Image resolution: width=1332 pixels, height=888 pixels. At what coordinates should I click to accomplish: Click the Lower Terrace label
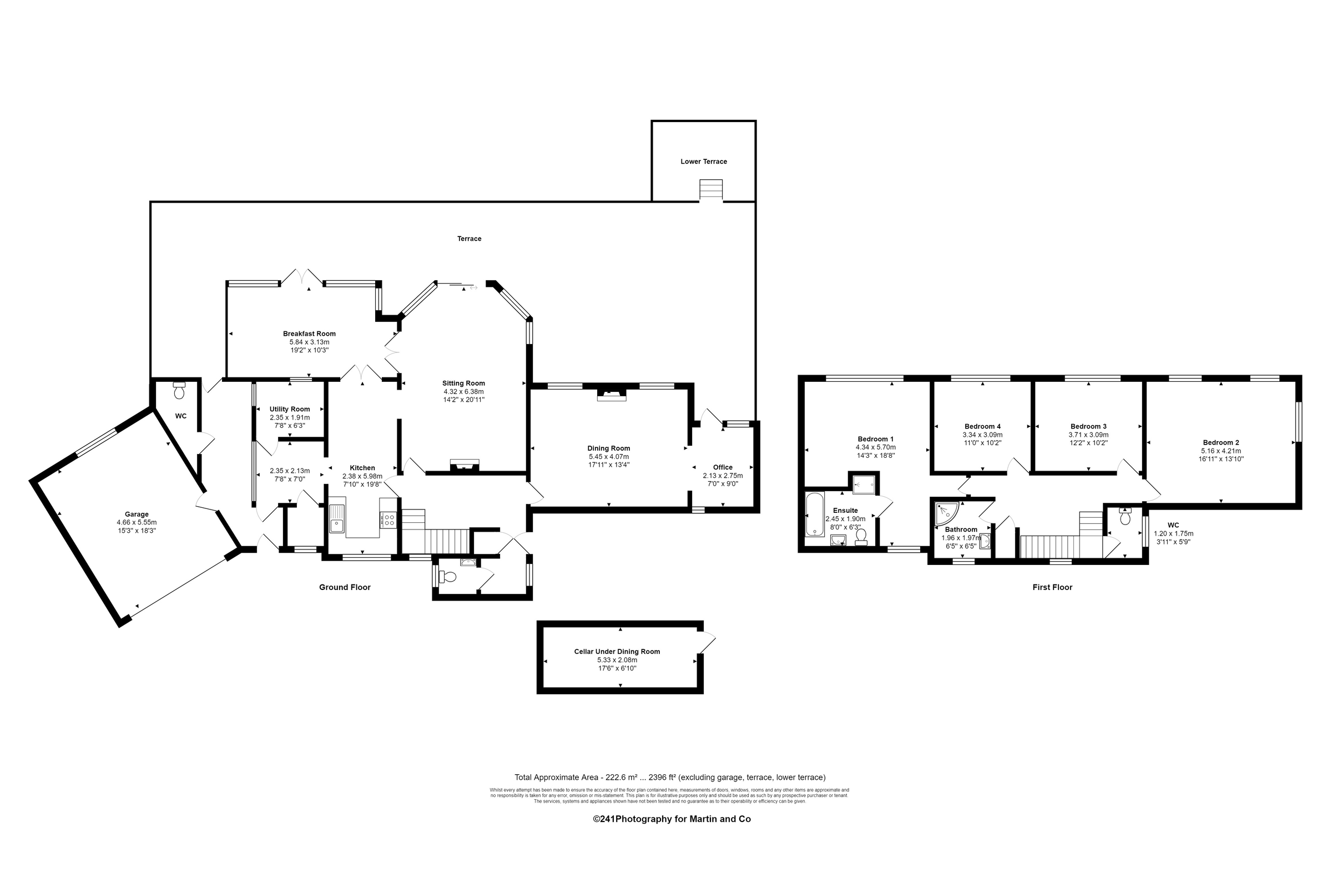click(703, 162)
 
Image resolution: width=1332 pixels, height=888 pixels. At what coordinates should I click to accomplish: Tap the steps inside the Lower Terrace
click(711, 190)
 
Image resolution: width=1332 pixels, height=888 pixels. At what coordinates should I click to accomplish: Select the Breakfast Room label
click(309, 334)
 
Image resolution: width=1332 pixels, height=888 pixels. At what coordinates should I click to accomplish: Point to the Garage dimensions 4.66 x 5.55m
click(137, 523)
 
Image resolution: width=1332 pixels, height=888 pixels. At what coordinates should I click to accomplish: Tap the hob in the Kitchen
click(389, 520)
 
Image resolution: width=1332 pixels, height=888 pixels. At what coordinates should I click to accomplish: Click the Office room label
click(723, 468)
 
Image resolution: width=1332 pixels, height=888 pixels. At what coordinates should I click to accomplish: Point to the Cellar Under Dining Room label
click(617, 652)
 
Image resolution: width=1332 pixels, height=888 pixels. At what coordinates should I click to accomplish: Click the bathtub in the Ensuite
click(814, 514)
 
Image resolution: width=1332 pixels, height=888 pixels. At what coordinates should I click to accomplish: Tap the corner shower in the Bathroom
click(946, 512)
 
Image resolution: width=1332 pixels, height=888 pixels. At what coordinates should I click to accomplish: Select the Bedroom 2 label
click(1221, 443)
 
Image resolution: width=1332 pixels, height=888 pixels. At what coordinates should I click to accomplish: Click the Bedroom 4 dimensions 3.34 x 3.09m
click(982, 435)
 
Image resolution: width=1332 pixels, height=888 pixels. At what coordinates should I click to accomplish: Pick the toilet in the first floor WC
click(1126, 518)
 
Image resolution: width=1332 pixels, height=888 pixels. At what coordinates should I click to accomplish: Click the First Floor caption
click(1052, 587)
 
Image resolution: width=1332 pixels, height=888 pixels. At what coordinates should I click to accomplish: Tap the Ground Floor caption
click(344, 587)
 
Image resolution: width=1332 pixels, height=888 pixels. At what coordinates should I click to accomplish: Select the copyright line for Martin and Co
click(672, 819)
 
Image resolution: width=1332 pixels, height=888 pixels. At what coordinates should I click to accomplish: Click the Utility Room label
click(289, 410)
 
